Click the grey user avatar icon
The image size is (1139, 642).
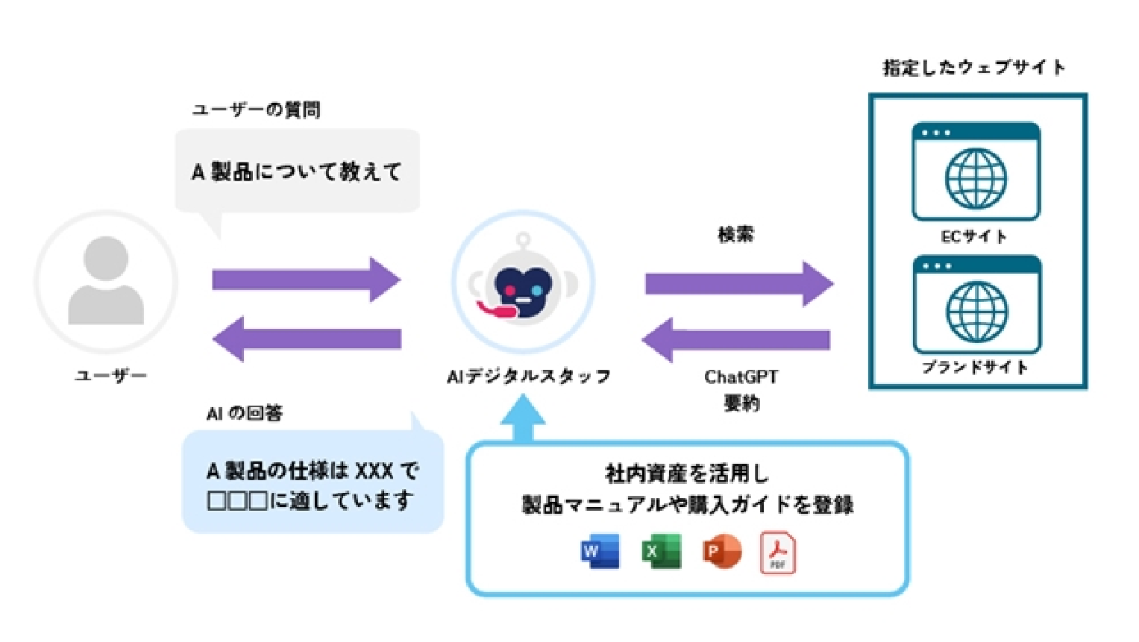(106, 281)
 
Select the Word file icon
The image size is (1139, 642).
(600, 552)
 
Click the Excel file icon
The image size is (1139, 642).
(661, 552)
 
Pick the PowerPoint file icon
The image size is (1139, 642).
(721, 552)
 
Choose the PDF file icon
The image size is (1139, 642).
(777, 553)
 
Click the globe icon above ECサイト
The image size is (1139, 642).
(976, 178)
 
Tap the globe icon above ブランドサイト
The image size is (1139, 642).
(976, 311)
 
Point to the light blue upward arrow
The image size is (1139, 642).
(523, 420)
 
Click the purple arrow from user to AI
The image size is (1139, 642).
(306, 280)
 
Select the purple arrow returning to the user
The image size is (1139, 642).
(306, 339)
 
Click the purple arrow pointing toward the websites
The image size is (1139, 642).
(738, 283)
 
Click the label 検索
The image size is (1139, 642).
(735, 234)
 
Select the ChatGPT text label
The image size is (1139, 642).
(741, 377)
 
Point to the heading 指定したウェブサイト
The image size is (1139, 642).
(974, 68)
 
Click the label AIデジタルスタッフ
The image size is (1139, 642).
(528, 377)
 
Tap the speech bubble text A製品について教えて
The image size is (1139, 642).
(297, 172)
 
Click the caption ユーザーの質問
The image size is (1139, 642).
(257, 110)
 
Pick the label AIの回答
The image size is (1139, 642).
(245, 413)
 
